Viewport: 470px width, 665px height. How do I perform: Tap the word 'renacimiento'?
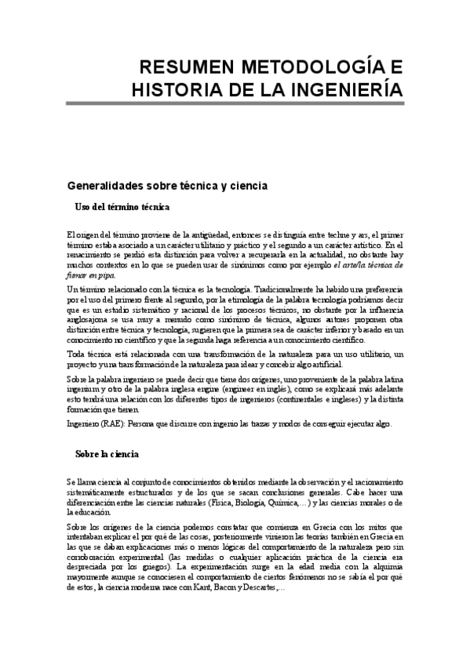[90, 255]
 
